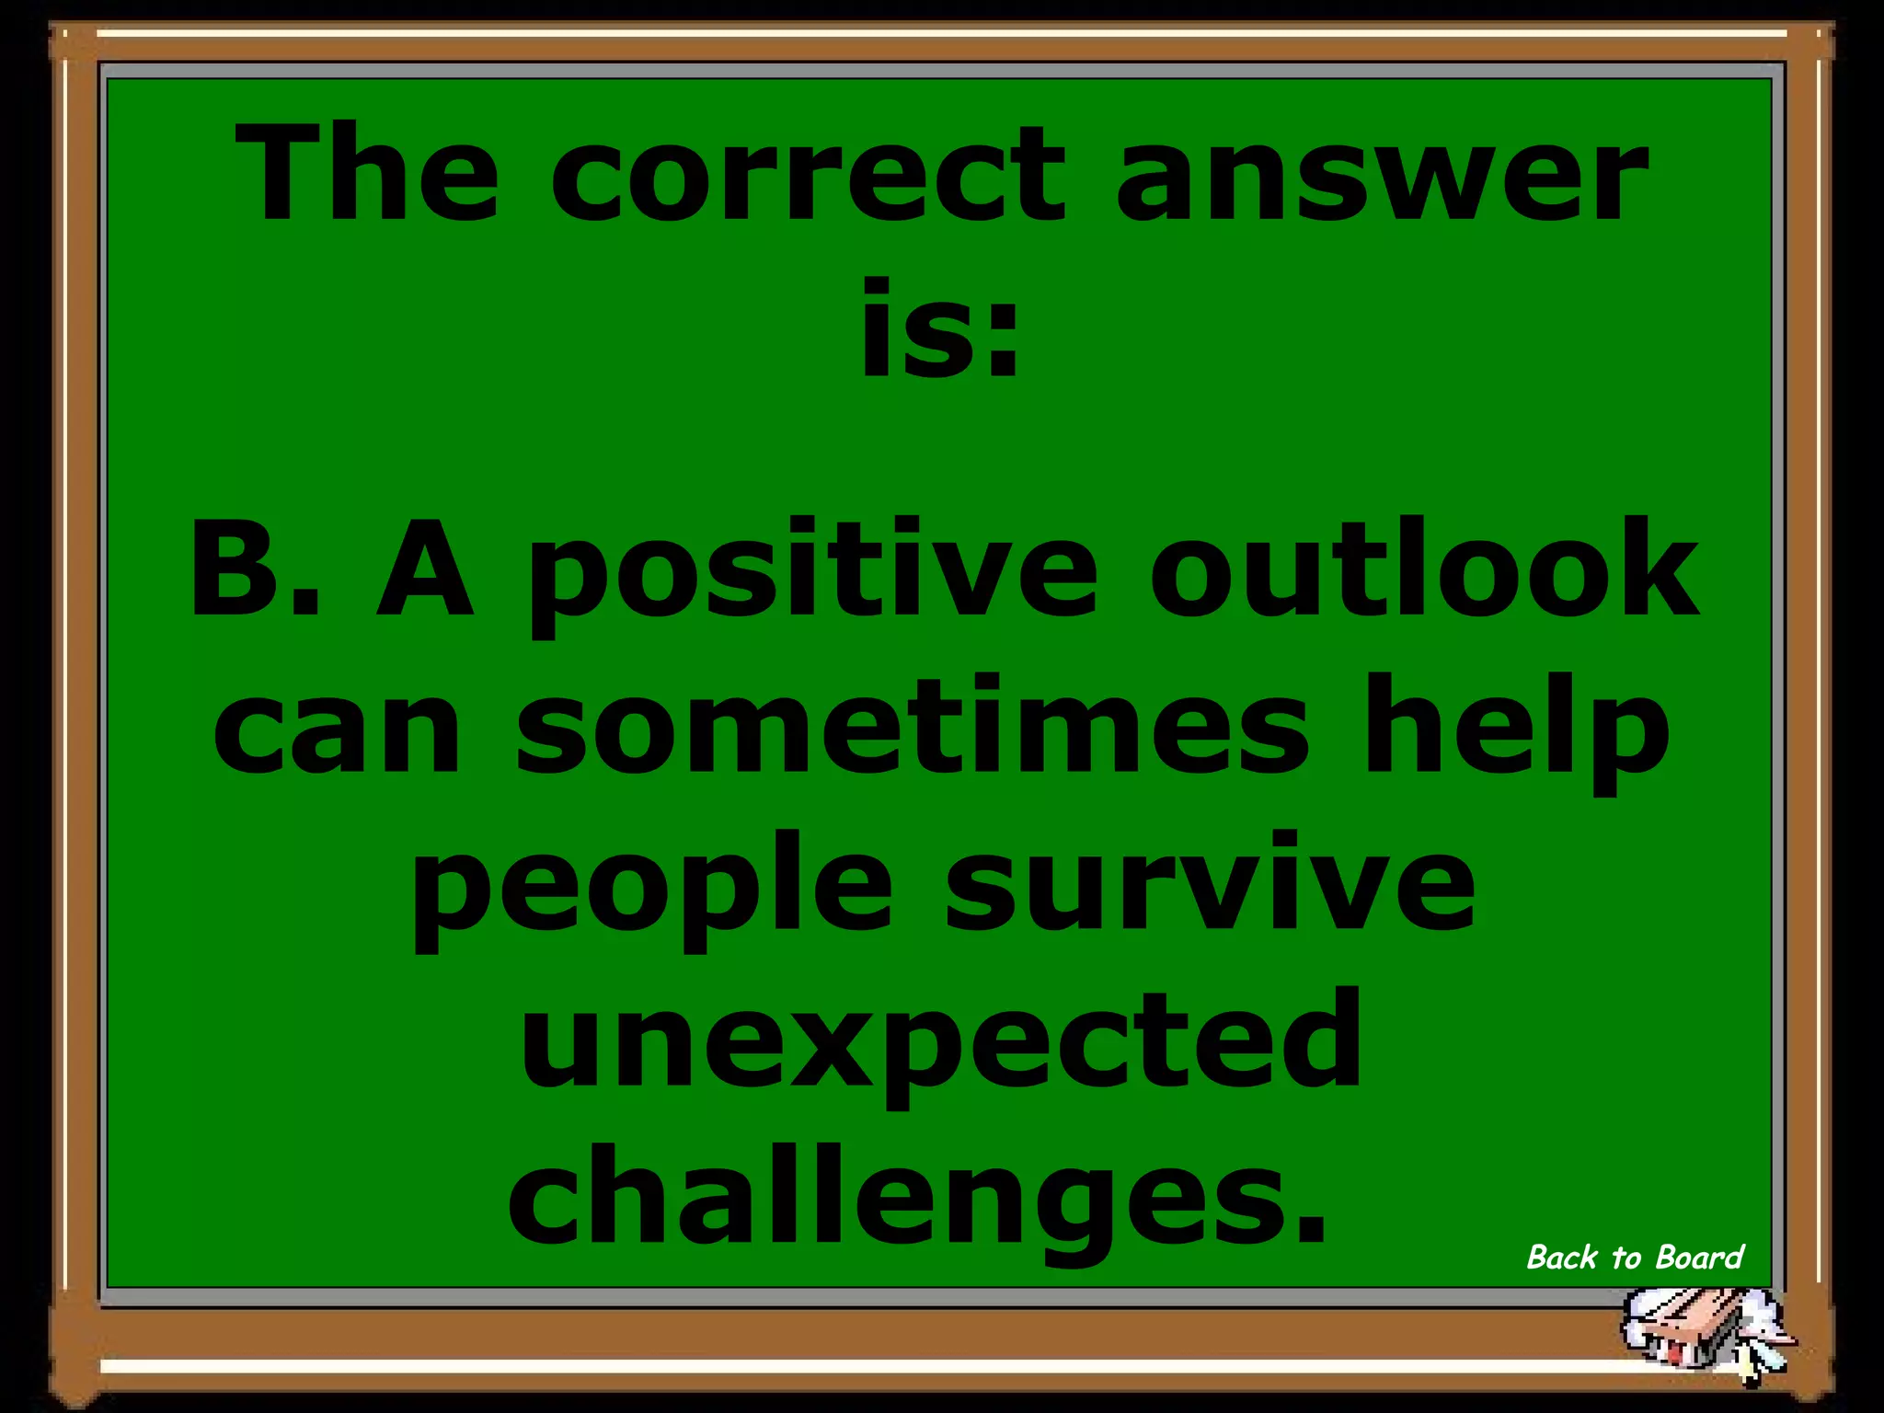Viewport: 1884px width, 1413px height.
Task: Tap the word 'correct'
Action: pyautogui.click(x=808, y=177)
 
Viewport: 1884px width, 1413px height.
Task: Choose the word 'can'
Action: pyautogui.click(x=337, y=727)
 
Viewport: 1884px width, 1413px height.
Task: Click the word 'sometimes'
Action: pyautogui.click(x=912, y=727)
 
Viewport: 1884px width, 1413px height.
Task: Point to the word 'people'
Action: pyautogui.click(x=651, y=888)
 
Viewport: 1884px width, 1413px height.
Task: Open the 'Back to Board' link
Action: pyautogui.click(x=1635, y=1258)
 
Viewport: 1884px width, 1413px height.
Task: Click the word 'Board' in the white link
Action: pyautogui.click(x=1700, y=1258)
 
